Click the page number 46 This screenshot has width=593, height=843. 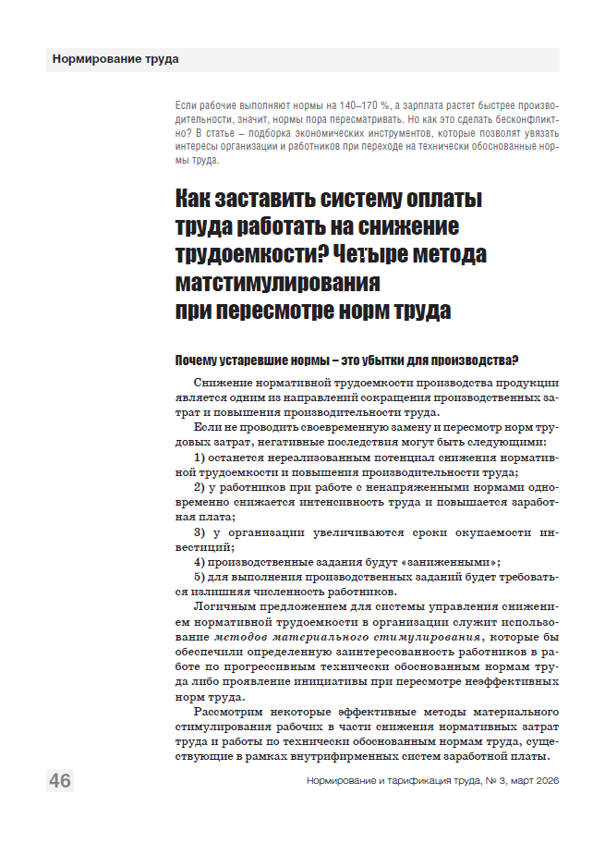coord(60,781)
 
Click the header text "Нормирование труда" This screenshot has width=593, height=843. coord(115,59)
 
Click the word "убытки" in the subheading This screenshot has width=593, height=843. coord(392,360)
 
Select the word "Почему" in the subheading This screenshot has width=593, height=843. coord(199,360)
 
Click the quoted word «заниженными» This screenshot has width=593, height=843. coord(452,563)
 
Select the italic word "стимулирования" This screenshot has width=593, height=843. coord(417,637)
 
